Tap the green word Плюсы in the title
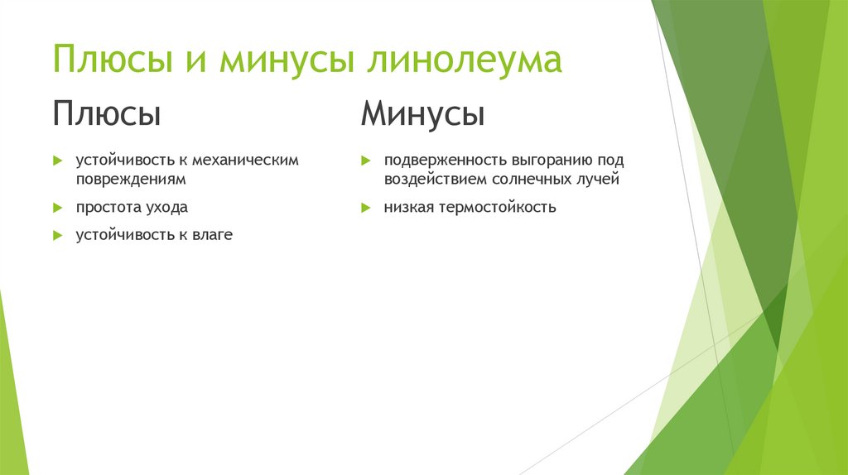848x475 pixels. click(x=113, y=61)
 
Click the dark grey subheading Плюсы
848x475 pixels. click(x=107, y=113)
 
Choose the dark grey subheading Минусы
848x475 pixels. click(x=422, y=113)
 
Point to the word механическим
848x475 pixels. click(x=244, y=160)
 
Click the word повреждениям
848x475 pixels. click(x=131, y=178)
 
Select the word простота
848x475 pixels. click(x=108, y=207)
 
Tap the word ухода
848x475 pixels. click(x=166, y=207)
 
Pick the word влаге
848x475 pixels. click(x=214, y=235)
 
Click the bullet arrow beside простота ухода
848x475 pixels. click(x=57, y=207)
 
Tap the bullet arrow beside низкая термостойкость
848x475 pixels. click(x=364, y=207)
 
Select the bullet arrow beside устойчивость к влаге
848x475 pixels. click(x=57, y=235)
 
